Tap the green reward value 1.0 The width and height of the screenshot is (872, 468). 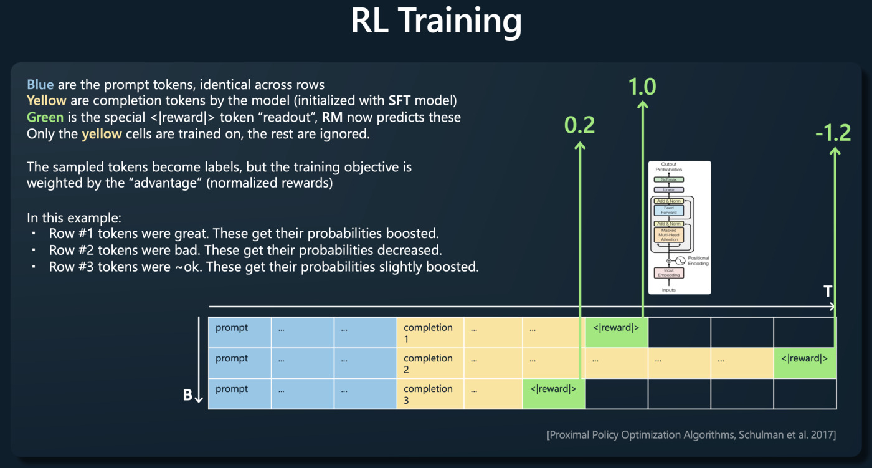(x=642, y=87)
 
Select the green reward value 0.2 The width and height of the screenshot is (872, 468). (x=579, y=125)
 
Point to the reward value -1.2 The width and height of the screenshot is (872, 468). (x=833, y=133)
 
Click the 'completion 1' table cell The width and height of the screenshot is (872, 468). (x=429, y=333)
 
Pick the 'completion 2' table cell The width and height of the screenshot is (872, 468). (x=429, y=363)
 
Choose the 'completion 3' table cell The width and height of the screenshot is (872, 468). (x=429, y=394)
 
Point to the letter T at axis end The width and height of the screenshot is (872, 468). (x=828, y=292)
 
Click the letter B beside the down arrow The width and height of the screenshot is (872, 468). (x=187, y=395)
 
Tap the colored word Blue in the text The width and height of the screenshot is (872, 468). (x=40, y=85)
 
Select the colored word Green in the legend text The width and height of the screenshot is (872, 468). (x=45, y=117)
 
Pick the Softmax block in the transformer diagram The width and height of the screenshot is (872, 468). (x=668, y=179)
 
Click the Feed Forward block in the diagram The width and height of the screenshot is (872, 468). (x=668, y=211)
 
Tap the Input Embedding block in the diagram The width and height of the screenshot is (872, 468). (x=668, y=273)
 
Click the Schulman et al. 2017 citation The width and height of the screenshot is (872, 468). (x=691, y=434)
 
